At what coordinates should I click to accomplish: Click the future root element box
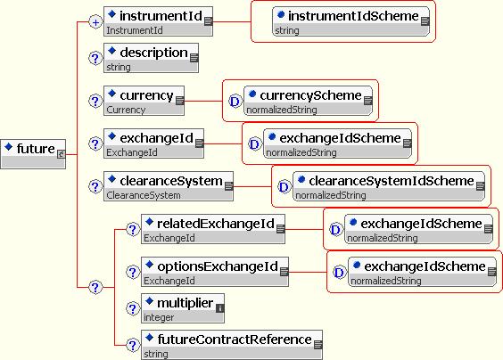[x=33, y=154]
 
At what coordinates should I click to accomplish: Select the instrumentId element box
[x=158, y=21]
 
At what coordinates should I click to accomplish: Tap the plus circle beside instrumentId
[x=95, y=22]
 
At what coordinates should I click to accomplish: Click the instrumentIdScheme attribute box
[x=351, y=21]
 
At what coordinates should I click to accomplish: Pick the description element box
[x=151, y=58]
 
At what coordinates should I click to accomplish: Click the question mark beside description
[x=95, y=58]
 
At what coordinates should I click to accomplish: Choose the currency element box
[x=144, y=101]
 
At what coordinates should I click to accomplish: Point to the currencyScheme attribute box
[x=308, y=101]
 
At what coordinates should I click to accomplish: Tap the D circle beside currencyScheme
[x=235, y=102]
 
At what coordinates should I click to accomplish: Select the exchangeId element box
[x=153, y=143]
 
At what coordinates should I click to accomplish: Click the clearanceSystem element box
[x=169, y=186]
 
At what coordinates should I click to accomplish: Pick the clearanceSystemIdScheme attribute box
[x=389, y=186]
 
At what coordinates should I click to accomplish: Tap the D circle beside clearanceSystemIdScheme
[x=284, y=186]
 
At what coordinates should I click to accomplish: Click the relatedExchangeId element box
[x=213, y=229]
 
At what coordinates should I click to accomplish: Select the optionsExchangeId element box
[x=215, y=272]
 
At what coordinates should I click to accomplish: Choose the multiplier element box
[x=183, y=308]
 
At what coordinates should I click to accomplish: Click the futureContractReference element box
[x=232, y=345]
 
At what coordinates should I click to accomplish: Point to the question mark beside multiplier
[x=133, y=308]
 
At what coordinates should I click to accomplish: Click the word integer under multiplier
[x=159, y=317]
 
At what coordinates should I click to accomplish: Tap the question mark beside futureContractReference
[x=133, y=345]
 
